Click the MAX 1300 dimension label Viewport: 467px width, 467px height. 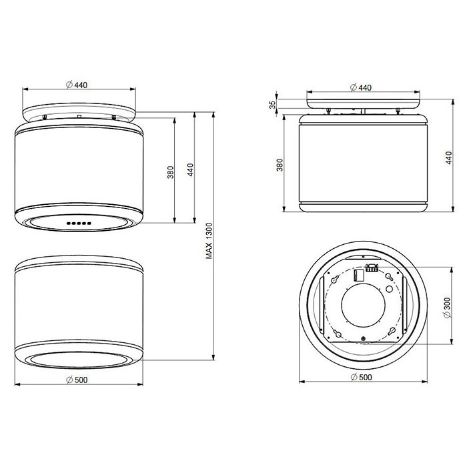(209, 241)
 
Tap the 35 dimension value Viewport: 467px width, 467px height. (272, 105)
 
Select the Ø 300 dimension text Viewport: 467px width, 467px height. (448, 308)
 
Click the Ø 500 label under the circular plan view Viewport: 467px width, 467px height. (362, 377)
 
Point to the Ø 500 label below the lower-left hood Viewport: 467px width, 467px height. (77, 380)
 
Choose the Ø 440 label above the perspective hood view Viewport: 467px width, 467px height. (77, 85)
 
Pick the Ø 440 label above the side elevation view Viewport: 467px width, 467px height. (361, 87)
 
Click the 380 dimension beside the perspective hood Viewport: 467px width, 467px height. (170, 172)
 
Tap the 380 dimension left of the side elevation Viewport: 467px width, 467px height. (280, 165)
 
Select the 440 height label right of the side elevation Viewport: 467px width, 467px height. (448, 157)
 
